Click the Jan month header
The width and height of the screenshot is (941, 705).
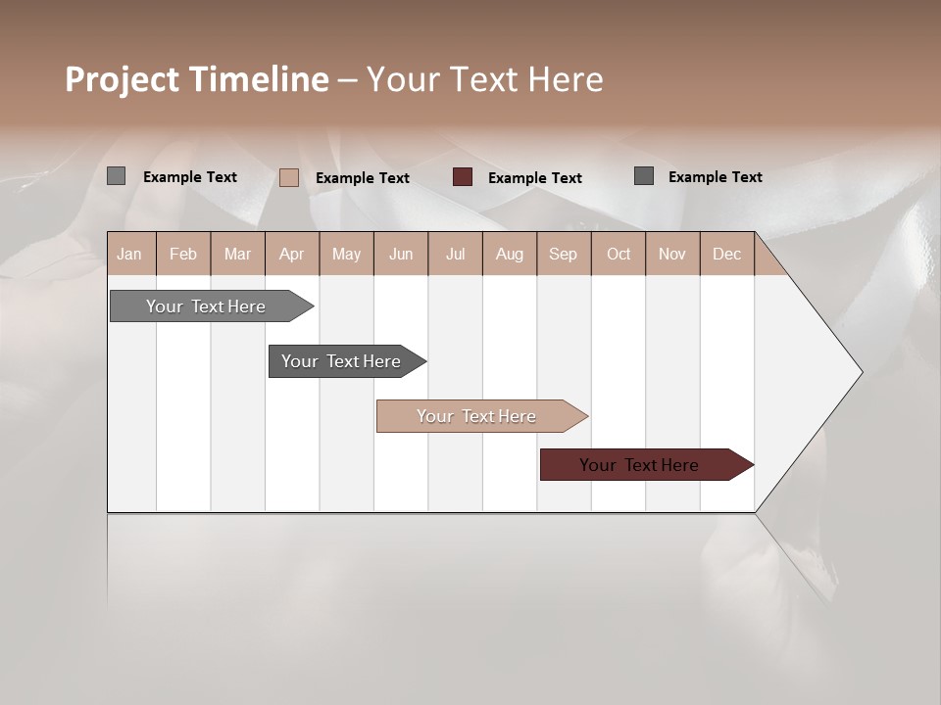(x=129, y=254)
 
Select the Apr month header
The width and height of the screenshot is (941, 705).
(x=291, y=254)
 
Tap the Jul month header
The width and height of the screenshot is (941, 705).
(x=455, y=254)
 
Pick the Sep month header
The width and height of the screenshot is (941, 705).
(x=563, y=254)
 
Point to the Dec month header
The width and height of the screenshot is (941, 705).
(x=726, y=254)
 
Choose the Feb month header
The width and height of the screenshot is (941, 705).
(x=183, y=254)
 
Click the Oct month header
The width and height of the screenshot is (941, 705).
(x=619, y=254)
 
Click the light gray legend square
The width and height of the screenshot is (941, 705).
(x=116, y=176)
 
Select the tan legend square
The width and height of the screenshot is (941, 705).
(x=288, y=177)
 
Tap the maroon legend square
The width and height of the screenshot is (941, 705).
(x=463, y=177)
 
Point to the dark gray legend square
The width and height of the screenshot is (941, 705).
(x=644, y=176)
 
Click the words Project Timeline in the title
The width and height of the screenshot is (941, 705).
(x=196, y=79)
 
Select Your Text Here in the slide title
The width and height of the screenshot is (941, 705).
(x=484, y=79)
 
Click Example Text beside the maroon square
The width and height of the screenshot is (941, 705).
(x=534, y=178)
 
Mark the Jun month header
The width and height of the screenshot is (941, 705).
(x=401, y=254)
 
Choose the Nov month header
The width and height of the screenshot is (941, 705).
(x=672, y=254)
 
